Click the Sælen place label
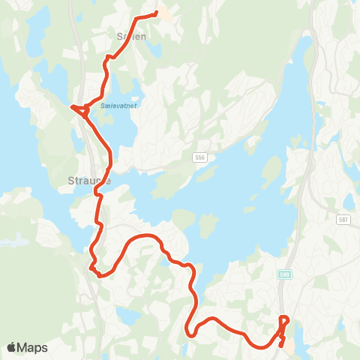pos(130,35)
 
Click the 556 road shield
pos(199,156)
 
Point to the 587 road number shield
pos(343,219)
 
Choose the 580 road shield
pos(285,274)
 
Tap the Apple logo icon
pos(12,347)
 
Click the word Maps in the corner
pos(34,347)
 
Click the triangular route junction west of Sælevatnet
pos(82,110)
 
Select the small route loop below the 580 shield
pos(283,322)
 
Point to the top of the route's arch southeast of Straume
pos(142,236)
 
